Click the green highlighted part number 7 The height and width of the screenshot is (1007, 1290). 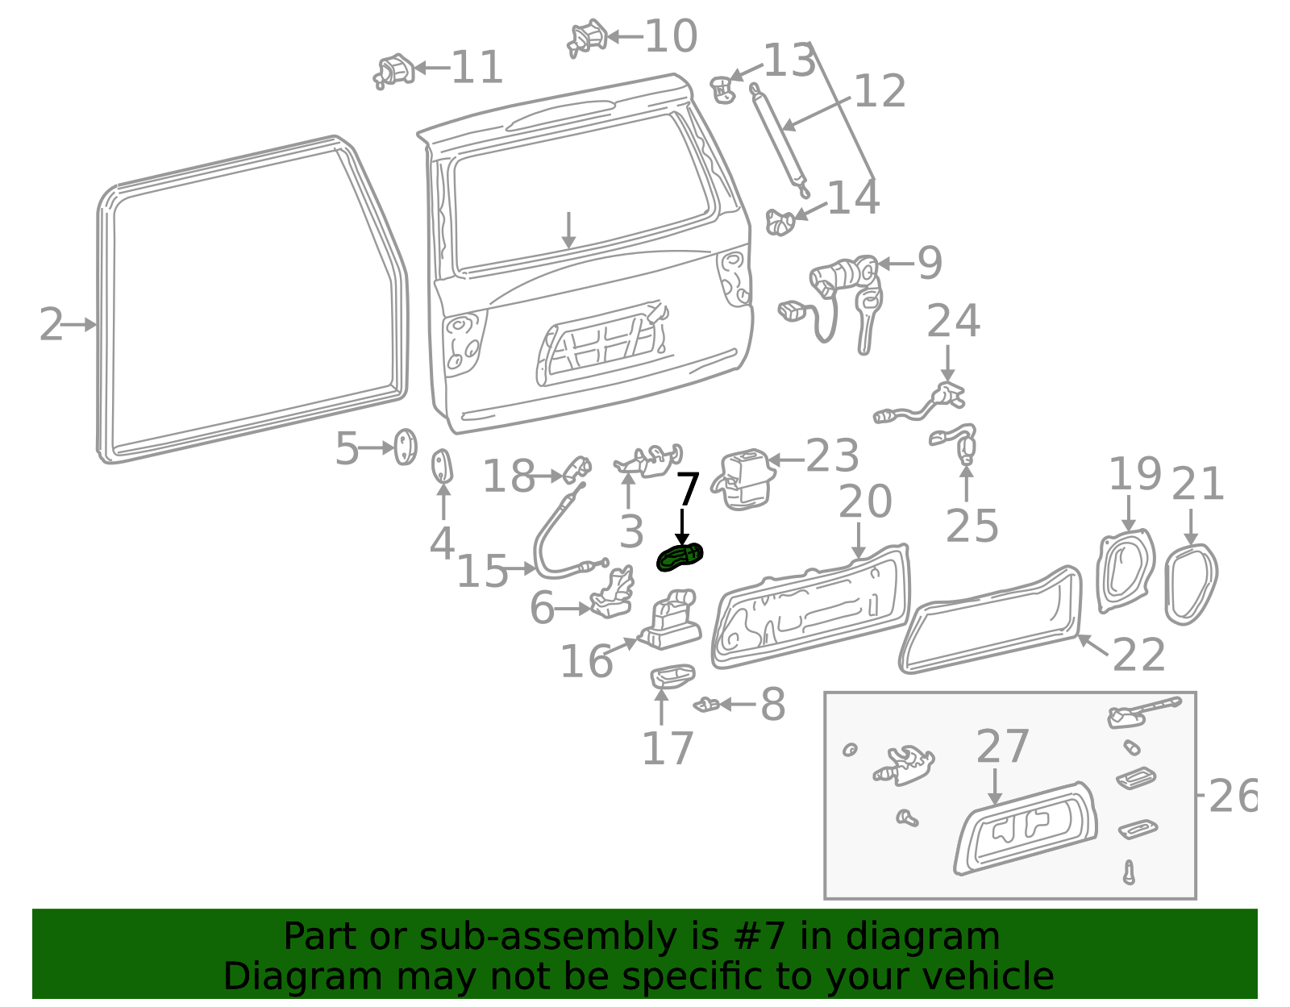680,557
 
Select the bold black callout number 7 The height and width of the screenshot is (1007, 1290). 688,489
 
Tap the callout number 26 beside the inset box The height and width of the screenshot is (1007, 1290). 1233,797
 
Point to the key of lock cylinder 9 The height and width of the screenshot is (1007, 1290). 868,322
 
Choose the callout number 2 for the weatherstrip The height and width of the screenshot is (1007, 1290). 51,325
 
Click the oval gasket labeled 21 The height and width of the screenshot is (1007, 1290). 1190,584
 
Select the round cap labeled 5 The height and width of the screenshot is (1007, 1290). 404,447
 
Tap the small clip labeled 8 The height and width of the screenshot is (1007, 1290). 707,705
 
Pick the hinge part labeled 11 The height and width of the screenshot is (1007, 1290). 394,71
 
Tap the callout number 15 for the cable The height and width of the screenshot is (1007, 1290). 482,572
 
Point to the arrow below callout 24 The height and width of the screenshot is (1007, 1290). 948,363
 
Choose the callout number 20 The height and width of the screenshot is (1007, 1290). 864,501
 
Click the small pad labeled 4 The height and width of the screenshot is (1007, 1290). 443,467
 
